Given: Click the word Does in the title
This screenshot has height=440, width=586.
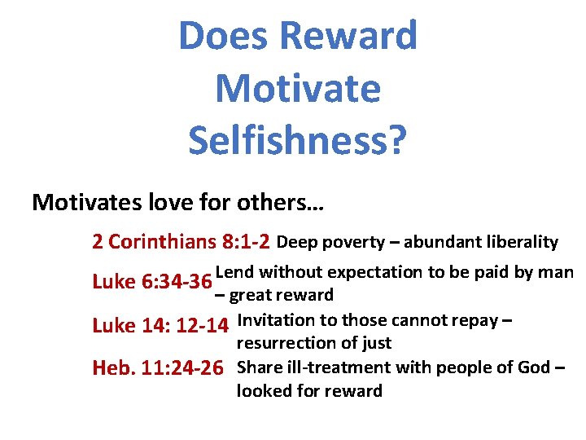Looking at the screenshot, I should click(x=223, y=36).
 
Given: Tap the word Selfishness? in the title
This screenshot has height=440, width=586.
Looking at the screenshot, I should click(x=297, y=139).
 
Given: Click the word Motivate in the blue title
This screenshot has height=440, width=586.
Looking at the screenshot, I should click(x=297, y=88).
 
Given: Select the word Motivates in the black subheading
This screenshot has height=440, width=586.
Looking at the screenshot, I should click(x=90, y=202).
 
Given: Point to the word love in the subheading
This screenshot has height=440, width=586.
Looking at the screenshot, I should click(x=181, y=202).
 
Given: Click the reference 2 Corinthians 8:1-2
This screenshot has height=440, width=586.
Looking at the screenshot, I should click(x=181, y=242).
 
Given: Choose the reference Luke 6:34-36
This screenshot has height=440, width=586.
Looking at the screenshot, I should click(x=151, y=282).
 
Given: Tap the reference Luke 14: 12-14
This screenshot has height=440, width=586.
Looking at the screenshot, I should click(x=160, y=326).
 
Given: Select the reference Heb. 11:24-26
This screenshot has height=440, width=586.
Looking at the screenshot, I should click(x=158, y=368).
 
